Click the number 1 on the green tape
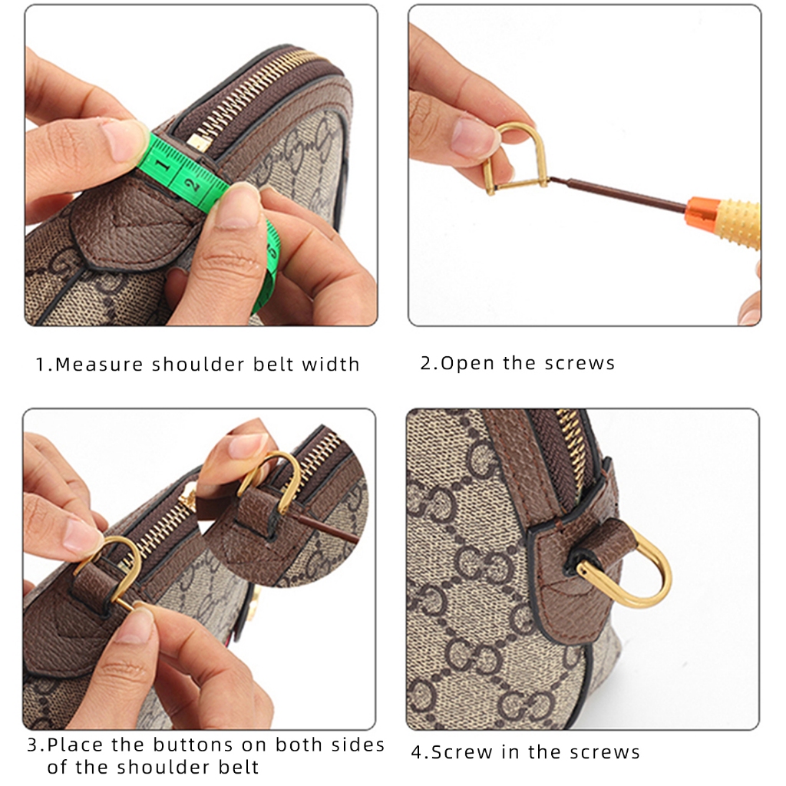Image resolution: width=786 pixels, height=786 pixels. [x=161, y=164]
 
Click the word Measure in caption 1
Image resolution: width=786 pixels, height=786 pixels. [x=99, y=365]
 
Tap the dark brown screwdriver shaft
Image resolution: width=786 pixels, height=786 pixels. [x=619, y=192]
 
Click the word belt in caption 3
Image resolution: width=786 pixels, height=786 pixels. [x=238, y=767]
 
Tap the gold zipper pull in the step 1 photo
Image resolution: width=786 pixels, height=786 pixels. [x=199, y=142]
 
